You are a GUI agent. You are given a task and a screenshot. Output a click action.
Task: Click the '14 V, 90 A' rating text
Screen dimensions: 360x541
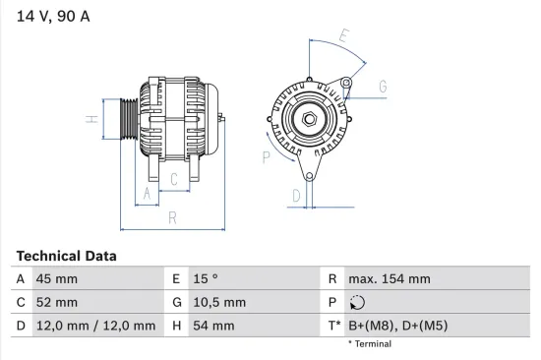point(49,15)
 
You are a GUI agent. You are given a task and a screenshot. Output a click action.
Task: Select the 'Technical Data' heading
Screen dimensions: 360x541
point(66,256)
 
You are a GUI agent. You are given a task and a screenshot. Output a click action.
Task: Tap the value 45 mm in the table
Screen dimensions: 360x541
point(57,279)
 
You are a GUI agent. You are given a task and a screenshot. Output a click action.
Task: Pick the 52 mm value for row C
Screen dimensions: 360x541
point(57,302)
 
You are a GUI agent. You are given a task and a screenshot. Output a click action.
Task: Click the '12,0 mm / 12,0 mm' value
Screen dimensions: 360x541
point(95,326)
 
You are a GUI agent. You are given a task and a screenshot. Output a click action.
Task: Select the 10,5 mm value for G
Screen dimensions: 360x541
point(218,302)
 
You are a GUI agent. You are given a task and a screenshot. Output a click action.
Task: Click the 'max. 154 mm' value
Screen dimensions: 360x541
point(390,279)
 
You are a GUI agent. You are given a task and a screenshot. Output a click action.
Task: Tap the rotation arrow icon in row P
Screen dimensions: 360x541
point(358,303)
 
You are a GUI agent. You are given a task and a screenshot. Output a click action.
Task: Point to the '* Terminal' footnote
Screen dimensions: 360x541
point(370,344)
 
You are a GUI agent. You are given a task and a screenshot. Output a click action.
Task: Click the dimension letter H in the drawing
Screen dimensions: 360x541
point(90,120)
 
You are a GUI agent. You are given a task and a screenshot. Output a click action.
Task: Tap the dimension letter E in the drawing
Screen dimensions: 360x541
point(343,37)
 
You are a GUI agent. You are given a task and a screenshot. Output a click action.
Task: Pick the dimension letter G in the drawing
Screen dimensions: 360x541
point(382,86)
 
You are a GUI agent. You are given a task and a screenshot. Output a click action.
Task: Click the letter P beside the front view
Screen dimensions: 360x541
point(266,155)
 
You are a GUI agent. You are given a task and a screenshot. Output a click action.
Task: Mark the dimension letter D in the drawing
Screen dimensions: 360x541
point(295,196)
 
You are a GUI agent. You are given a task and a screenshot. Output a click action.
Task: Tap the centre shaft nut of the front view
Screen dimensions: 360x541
point(309,119)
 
